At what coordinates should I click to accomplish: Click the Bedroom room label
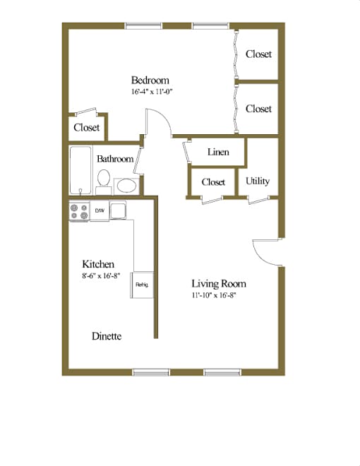point(150,80)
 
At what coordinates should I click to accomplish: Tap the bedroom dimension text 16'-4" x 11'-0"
point(152,92)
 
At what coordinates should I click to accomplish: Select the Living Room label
point(219,284)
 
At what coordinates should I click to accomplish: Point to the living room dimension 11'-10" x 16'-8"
point(214,295)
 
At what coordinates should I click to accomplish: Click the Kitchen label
point(98,264)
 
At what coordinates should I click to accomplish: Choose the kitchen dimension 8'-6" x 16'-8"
point(101,276)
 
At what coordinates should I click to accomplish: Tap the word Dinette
point(107,336)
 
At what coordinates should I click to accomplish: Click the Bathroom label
point(115,159)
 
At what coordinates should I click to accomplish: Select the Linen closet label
point(218,153)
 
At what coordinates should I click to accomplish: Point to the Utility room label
point(258,181)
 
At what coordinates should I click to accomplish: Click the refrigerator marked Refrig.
point(142,285)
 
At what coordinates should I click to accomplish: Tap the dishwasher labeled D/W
point(100,210)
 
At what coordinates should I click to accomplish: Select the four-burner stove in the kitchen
point(79,211)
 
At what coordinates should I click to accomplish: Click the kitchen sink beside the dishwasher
point(118,210)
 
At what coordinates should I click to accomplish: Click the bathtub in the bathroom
point(80,170)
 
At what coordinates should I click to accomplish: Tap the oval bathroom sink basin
point(127,186)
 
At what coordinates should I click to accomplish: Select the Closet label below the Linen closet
point(213,182)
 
